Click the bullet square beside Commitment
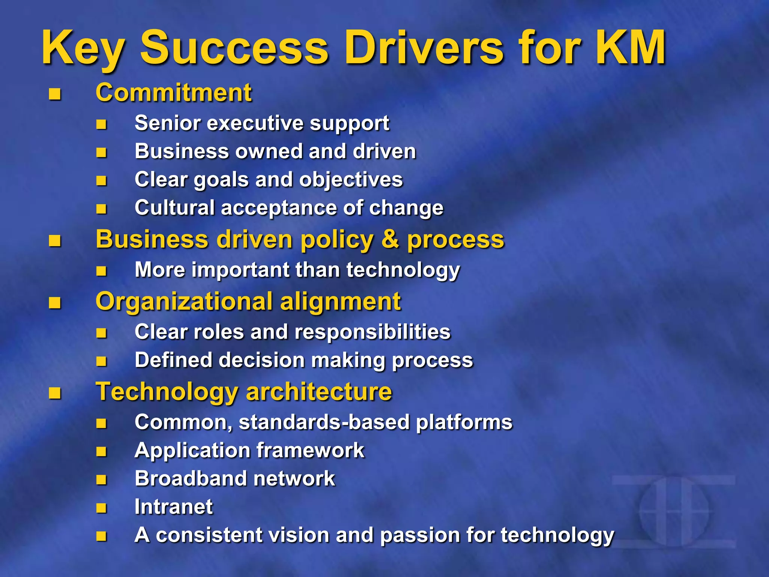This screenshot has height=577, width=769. click(x=55, y=94)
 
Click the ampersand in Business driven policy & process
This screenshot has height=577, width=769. click(x=390, y=239)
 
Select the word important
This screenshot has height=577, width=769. click(x=240, y=270)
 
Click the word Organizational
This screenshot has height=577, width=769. click(x=184, y=302)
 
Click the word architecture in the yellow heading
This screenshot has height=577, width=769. click(x=319, y=392)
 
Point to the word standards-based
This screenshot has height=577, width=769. click(x=324, y=422)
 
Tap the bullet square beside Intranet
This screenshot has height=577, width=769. click(x=101, y=508)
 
